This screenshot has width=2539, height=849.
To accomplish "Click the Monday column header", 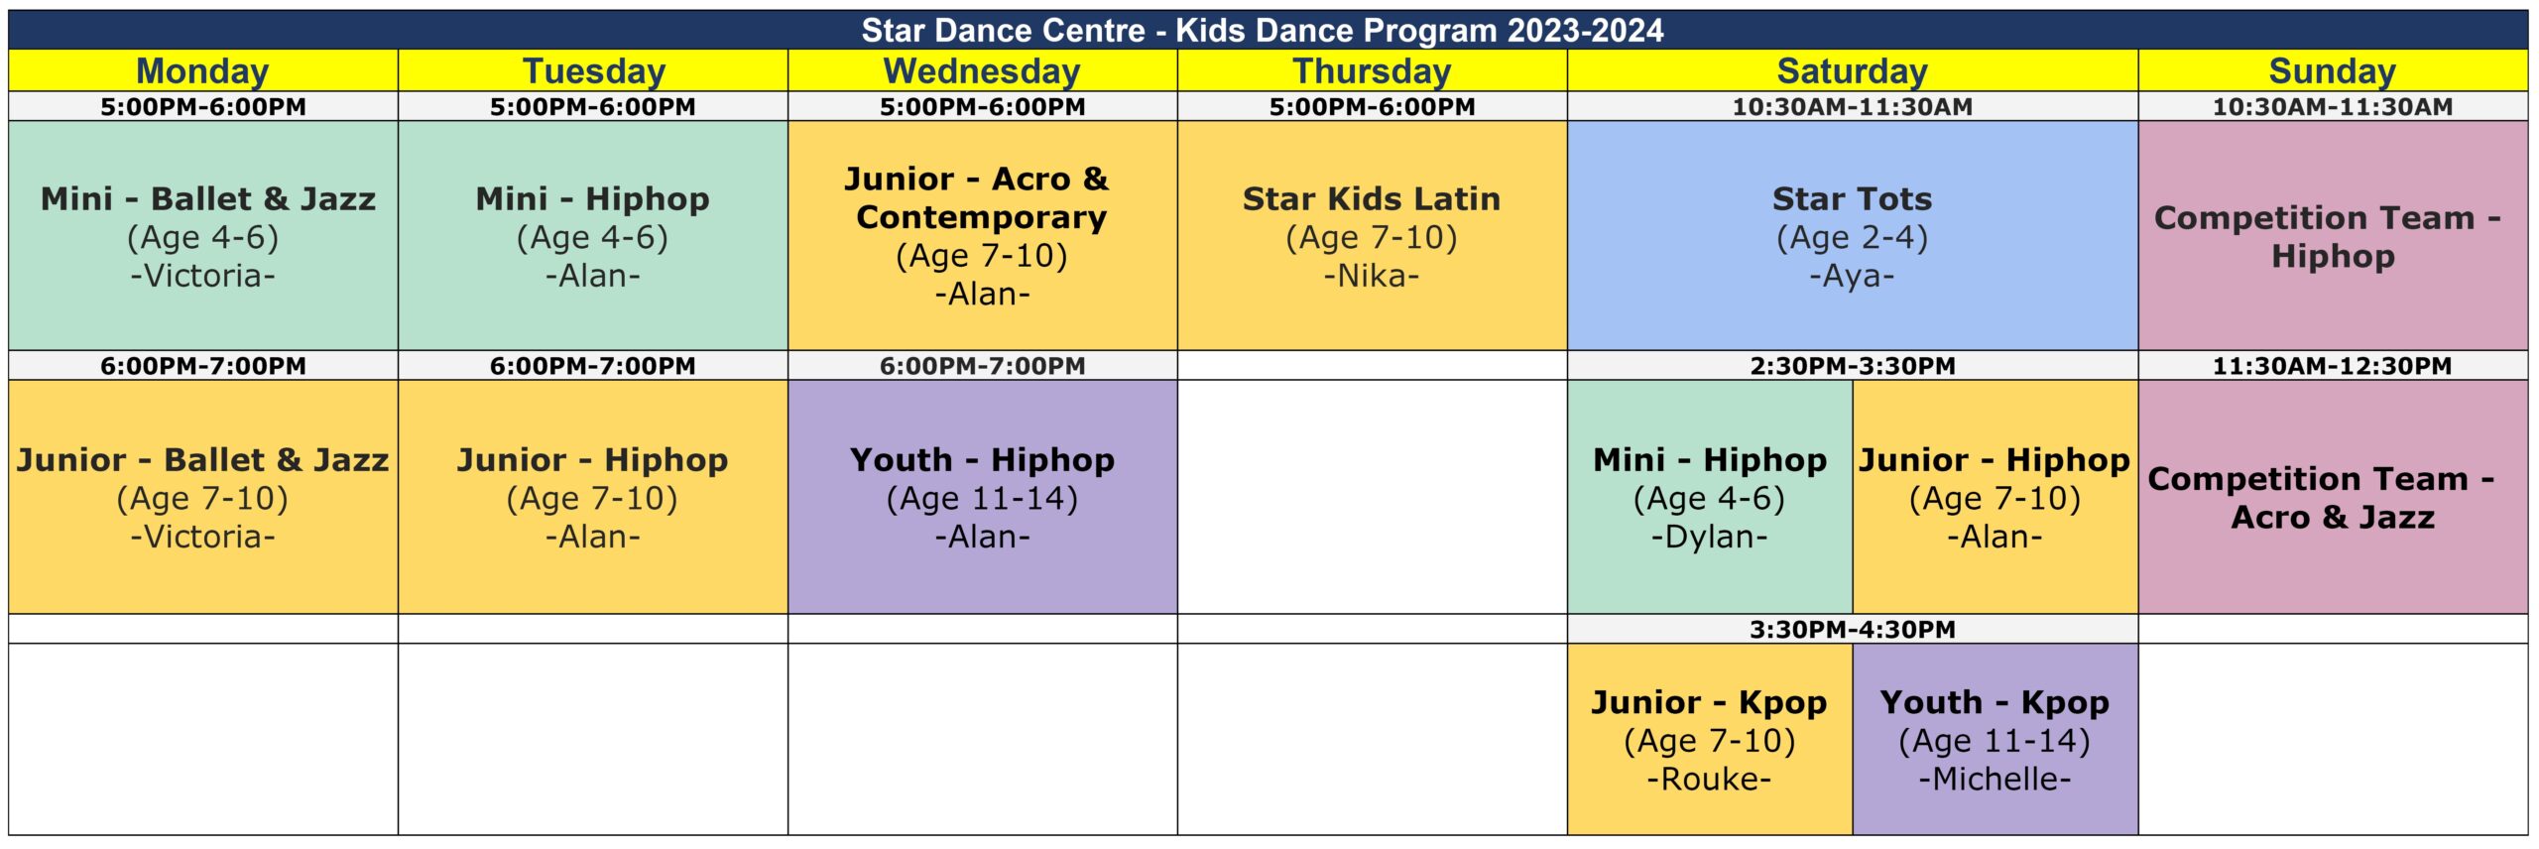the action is [202, 71].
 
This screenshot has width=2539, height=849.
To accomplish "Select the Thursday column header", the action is [1372, 71].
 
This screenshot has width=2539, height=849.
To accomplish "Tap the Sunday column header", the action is [2333, 71].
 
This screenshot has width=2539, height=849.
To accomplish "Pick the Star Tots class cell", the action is [1853, 235].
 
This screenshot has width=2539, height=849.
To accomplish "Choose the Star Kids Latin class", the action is [1372, 235].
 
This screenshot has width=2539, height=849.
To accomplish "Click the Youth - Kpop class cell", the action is [1995, 739].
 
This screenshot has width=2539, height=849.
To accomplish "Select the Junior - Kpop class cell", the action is [1710, 739].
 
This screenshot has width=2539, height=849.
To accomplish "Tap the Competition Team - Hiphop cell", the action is [2333, 235].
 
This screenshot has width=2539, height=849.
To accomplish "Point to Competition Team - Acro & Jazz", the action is [2333, 497].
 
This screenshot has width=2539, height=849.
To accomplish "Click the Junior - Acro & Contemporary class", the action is [982, 235].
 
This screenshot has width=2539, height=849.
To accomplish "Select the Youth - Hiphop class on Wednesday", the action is [982, 497].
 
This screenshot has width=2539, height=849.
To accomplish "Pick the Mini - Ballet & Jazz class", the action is [202, 235].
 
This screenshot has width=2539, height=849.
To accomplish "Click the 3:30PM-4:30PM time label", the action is [1853, 629].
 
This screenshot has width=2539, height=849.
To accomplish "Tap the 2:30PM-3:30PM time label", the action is [1853, 365].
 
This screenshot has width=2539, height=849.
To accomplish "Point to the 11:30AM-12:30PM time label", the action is [2333, 365].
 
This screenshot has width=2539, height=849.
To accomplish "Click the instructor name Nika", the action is [1372, 276].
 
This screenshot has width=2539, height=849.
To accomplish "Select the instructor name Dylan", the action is [1710, 537].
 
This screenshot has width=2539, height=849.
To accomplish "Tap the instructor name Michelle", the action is [1995, 779].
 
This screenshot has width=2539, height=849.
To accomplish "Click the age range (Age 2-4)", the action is [1853, 238].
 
